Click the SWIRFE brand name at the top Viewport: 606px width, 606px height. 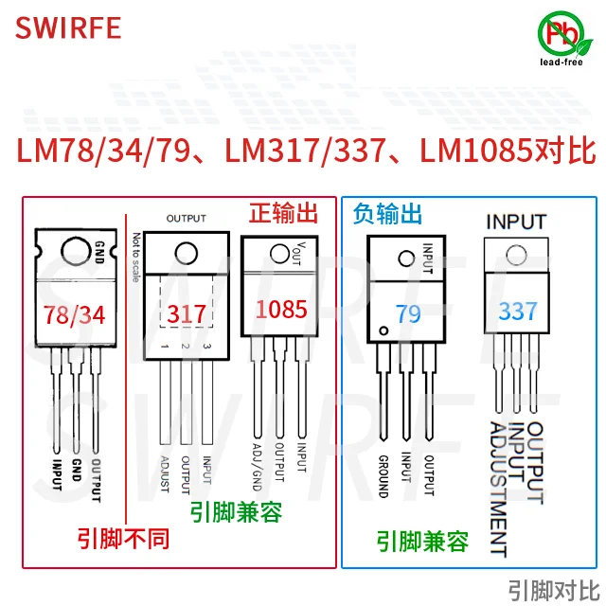68,27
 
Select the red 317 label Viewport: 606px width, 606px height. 186,312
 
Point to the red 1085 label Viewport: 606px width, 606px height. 281,309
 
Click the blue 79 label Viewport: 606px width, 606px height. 408,312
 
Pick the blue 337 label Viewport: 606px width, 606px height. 517,310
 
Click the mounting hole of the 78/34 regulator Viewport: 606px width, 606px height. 75,251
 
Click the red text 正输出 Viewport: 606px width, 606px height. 291,212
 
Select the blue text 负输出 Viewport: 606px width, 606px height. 387,213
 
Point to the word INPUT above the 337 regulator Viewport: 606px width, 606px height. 515,222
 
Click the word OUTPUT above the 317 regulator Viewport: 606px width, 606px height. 186,218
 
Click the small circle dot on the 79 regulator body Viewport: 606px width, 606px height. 383,330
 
